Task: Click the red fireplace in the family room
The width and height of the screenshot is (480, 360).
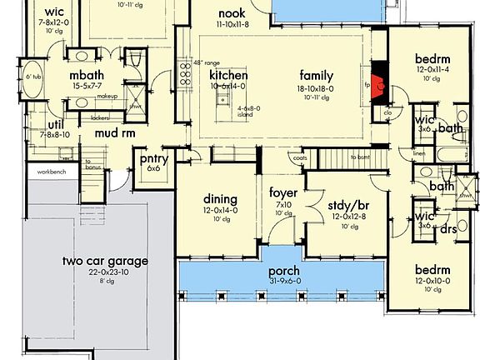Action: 378,84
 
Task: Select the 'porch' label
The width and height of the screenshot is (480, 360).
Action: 283,271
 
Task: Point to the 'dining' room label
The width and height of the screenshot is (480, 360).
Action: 221,199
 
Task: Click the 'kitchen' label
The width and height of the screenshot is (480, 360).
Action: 229,76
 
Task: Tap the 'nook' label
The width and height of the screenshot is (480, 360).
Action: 231,13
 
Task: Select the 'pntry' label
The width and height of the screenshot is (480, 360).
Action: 155,158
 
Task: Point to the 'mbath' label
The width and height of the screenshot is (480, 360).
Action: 86,74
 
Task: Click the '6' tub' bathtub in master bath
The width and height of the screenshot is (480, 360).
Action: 34,78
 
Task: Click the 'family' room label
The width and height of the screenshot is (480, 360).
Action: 317,76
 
